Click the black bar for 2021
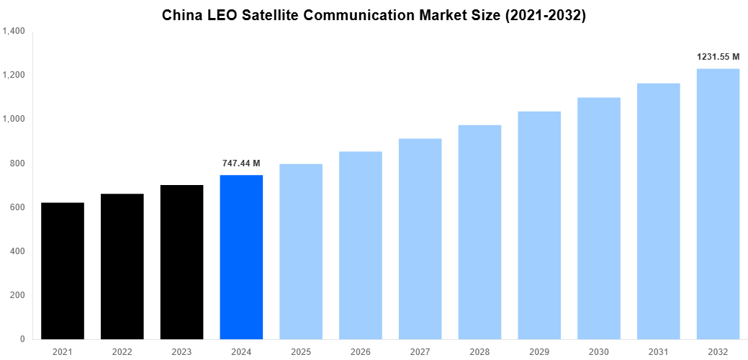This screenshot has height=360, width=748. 63,271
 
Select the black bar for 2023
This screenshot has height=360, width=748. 181,262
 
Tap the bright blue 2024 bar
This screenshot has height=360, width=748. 241,257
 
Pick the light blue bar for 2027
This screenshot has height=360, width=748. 420,238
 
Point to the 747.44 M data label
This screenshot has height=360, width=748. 241,163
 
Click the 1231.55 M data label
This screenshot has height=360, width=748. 718,57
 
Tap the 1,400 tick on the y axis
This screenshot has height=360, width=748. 14,31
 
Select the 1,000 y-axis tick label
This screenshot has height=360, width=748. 14,120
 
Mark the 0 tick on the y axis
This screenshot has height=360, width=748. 22,339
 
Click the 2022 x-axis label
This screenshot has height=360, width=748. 122,351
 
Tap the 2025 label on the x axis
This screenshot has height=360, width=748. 301,351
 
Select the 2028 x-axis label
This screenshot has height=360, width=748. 479,351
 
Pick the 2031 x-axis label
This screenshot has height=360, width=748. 658,351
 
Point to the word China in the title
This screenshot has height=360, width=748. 182,15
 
